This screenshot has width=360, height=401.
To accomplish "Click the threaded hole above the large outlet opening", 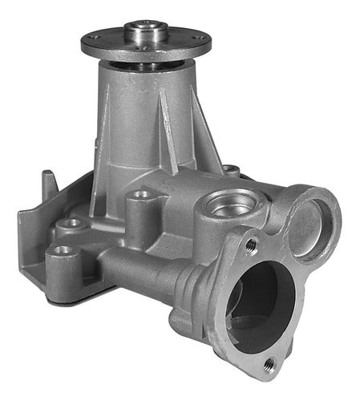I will point(251,243).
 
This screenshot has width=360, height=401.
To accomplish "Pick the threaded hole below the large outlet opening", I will point(268,364).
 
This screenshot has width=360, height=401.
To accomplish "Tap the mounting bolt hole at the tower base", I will point(142,194).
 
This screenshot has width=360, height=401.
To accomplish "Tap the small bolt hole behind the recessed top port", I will point(231,170).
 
